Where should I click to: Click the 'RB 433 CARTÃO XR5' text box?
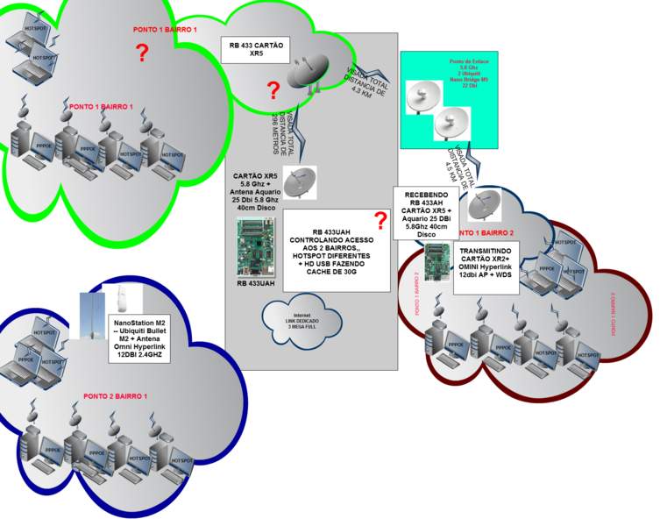pos(256,49)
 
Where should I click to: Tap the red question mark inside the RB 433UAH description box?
pos(380,220)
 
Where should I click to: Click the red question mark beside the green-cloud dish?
pos(273,89)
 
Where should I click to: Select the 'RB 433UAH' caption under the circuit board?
pos(257,284)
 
